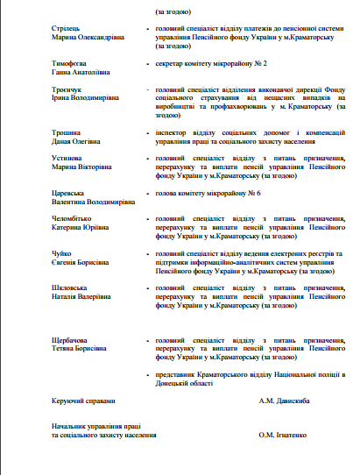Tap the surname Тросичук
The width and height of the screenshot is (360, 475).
coord(67,90)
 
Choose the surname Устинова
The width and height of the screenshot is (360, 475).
coord(67,159)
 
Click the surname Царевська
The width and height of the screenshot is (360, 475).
coord(68,193)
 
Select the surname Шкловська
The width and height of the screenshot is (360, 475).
coord(70,287)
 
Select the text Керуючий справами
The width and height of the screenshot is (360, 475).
coord(83,401)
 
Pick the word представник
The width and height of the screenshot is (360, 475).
coord(178,374)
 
